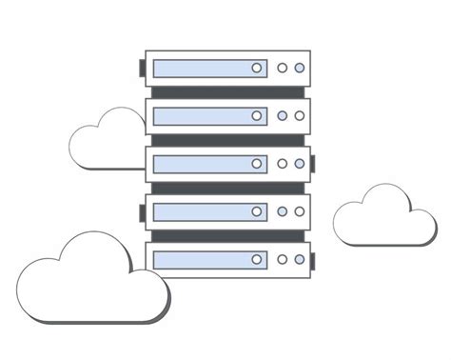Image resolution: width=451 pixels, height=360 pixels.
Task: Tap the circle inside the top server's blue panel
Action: (257, 69)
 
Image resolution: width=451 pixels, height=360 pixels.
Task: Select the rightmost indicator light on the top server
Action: (300, 69)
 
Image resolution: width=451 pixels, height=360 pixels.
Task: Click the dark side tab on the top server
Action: (143, 69)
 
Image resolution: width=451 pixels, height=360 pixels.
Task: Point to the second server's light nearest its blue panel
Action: (283, 116)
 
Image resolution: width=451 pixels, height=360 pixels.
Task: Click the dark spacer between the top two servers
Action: (227, 92)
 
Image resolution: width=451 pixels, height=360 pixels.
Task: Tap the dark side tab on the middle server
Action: (313, 164)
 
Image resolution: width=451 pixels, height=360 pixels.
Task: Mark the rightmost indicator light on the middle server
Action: (300, 164)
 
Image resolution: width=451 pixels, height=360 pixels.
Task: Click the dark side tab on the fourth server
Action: (143, 211)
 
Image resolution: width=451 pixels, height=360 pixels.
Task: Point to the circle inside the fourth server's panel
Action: (257, 211)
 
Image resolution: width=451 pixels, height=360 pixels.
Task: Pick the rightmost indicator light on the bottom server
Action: (300, 259)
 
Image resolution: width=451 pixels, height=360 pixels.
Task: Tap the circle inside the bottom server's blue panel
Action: (257, 259)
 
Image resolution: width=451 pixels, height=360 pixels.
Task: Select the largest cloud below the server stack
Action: (90, 286)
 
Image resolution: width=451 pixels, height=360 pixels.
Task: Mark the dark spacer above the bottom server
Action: (227, 235)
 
